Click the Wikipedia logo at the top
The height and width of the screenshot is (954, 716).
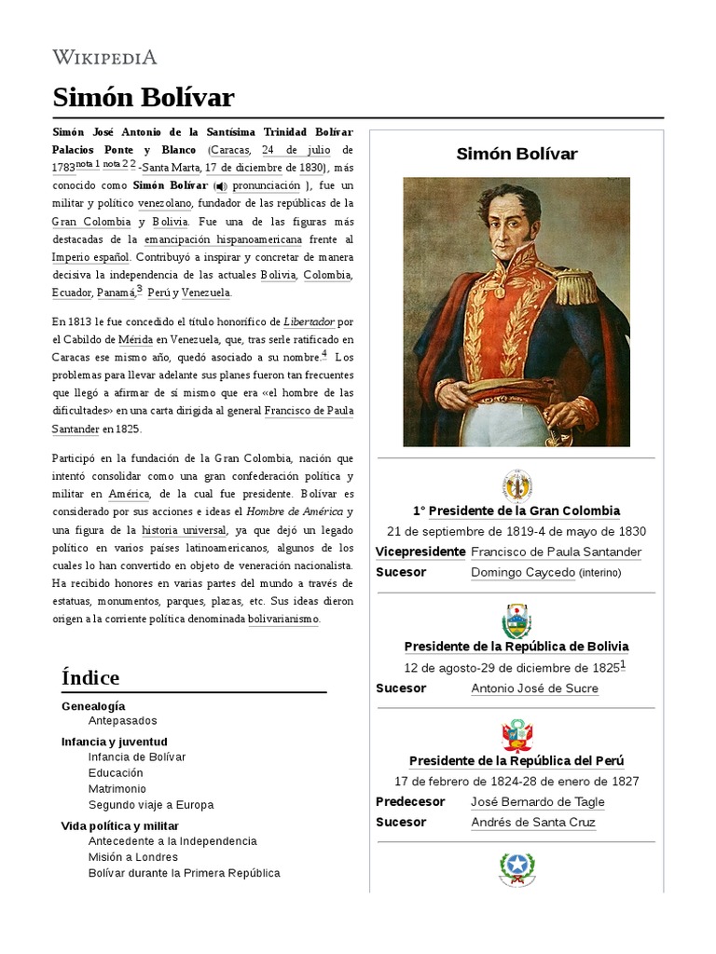click(x=104, y=58)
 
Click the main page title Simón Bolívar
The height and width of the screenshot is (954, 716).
click(x=143, y=98)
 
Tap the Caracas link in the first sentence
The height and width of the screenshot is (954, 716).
click(x=228, y=150)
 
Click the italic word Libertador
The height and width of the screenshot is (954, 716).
click(x=308, y=321)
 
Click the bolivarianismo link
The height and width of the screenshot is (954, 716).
click(x=282, y=619)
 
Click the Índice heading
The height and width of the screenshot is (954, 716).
click(x=90, y=677)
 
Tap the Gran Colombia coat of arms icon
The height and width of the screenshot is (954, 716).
click(x=516, y=486)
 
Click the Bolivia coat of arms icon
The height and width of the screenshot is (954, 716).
click(x=516, y=621)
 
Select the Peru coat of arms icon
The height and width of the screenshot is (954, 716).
click(x=516, y=736)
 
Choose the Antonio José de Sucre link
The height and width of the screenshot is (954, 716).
click(x=534, y=688)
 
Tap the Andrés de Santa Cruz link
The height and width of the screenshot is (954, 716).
click(x=533, y=823)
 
